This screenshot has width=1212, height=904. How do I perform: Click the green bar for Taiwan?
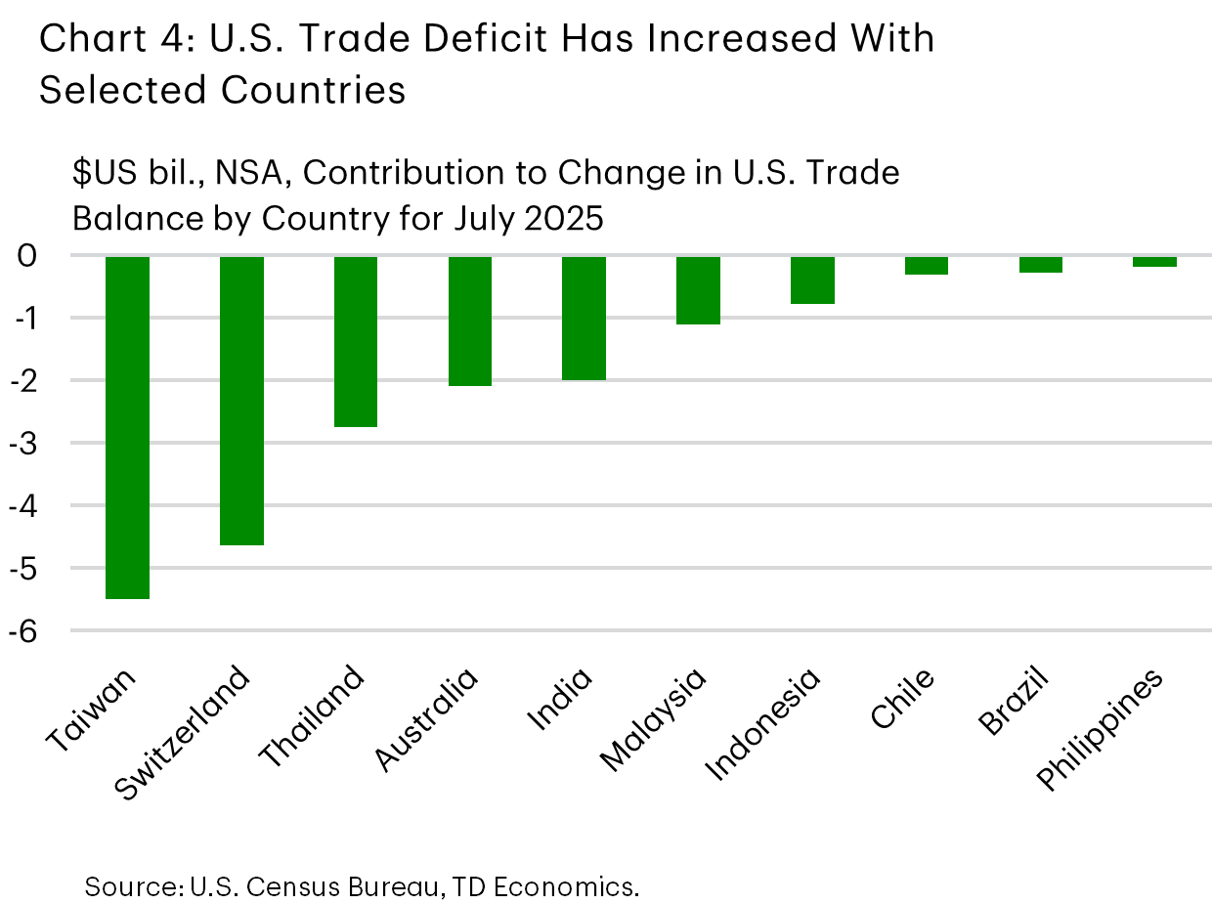click(x=127, y=427)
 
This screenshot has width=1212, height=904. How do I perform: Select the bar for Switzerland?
click(x=241, y=401)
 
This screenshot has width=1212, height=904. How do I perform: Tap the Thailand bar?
click(x=356, y=342)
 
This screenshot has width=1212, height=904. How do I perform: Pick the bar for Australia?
click(x=470, y=322)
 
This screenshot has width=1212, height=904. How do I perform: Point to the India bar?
click(x=584, y=319)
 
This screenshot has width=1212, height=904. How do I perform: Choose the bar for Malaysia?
click(x=698, y=290)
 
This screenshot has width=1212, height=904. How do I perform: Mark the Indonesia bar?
click(x=812, y=280)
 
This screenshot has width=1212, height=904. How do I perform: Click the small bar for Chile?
click(x=926, y=266)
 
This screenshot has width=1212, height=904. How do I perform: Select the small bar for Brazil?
click(x=1040, y=265)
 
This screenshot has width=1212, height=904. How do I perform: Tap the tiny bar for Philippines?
click(x=1154, y=262)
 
